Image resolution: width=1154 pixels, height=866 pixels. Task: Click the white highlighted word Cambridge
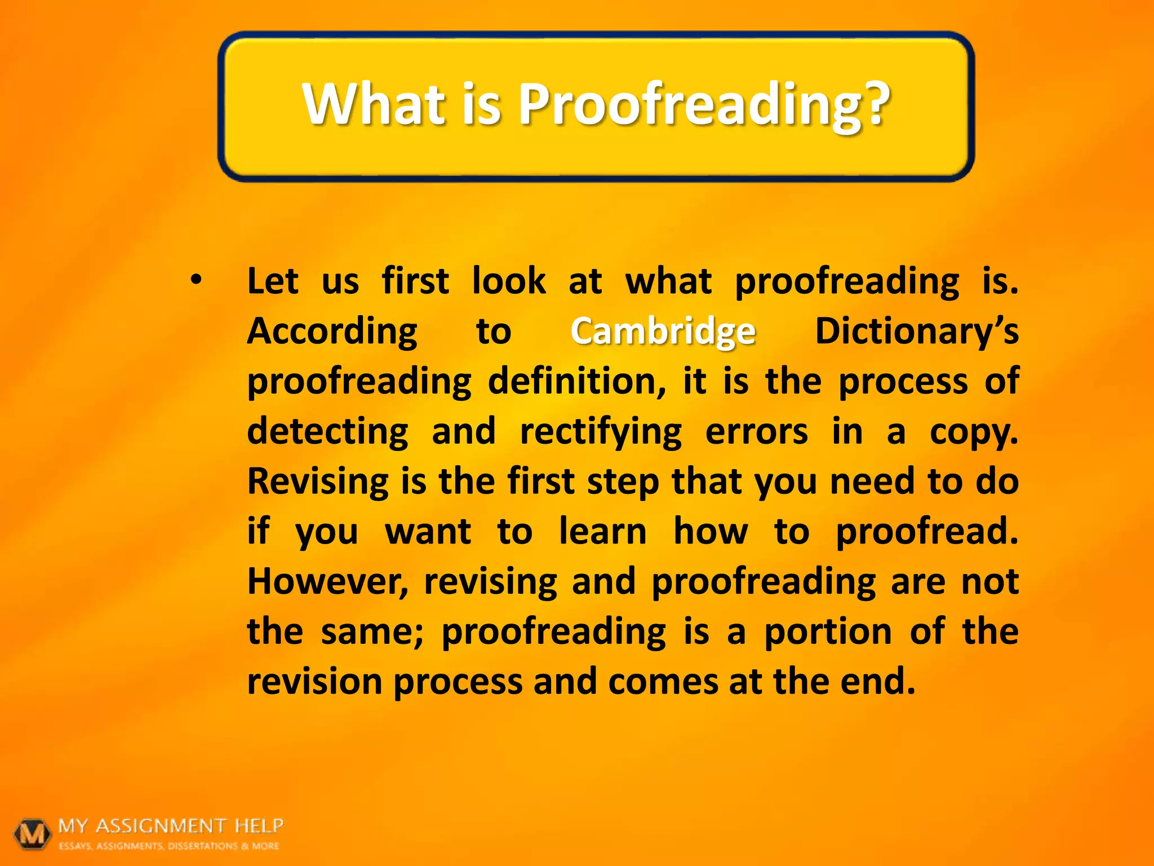tap(663, 331)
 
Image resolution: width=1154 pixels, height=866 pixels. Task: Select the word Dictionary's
tap(916, 331)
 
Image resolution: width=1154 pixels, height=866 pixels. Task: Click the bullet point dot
tap(196, 280)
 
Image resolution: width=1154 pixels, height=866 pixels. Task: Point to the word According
tap(332, 331)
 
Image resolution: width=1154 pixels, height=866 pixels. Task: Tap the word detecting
tap(327, 431)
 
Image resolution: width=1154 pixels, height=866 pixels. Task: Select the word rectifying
tap(600, 431)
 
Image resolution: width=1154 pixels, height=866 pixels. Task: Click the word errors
tap(756, 431)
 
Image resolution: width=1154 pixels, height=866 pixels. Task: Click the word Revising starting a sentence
tap(317, 481)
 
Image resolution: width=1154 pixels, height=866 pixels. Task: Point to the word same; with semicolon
tap(372, 631)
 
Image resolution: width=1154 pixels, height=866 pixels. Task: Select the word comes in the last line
tap(663, 682)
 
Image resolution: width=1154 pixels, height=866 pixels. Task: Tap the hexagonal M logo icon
tap(33, 834)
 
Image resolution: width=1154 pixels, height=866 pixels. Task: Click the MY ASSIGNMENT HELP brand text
tap(171, 826)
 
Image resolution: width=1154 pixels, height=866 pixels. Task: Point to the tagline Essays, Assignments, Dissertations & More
tap(169, 846)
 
